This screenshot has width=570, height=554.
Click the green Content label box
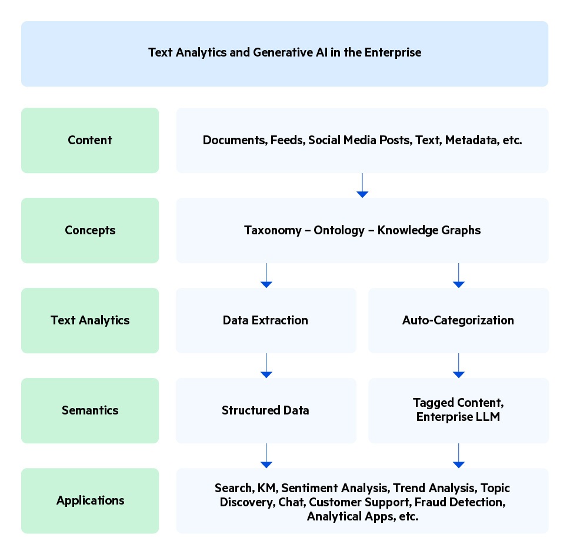click(x=90, y=140)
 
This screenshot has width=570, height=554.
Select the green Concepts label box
click(x=90, y=230)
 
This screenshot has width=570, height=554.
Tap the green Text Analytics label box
click(x=90, y=320)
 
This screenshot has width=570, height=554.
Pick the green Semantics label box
click(x=90, y=410)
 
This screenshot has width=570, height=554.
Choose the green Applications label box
click(x=90, y=500)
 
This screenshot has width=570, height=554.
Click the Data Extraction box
click(x=266, y=320)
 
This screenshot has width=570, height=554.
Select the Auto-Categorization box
click(x=458, y=320)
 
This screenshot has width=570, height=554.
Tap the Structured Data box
click(x=266, y=410)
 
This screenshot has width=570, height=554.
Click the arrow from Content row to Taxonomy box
click(x=362, y=185)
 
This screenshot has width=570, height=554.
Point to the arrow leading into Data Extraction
click(x=266, y=276)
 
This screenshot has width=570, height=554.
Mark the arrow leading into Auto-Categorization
click(x=458, y=276)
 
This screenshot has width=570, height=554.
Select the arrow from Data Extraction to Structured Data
click(x=266, y=366)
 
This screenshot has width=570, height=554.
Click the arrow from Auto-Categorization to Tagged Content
click(x=458, y=366)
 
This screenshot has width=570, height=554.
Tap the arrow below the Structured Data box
click(x=266, y=456)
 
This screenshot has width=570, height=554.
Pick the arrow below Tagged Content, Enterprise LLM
click(x=458, y=456)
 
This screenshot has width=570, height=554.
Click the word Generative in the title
click(x=279, y=52)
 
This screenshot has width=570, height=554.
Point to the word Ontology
click(x=339, y=230)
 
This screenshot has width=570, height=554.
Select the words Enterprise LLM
click(x=458, y=417)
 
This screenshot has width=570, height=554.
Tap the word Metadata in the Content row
click(x=468, y=141)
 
